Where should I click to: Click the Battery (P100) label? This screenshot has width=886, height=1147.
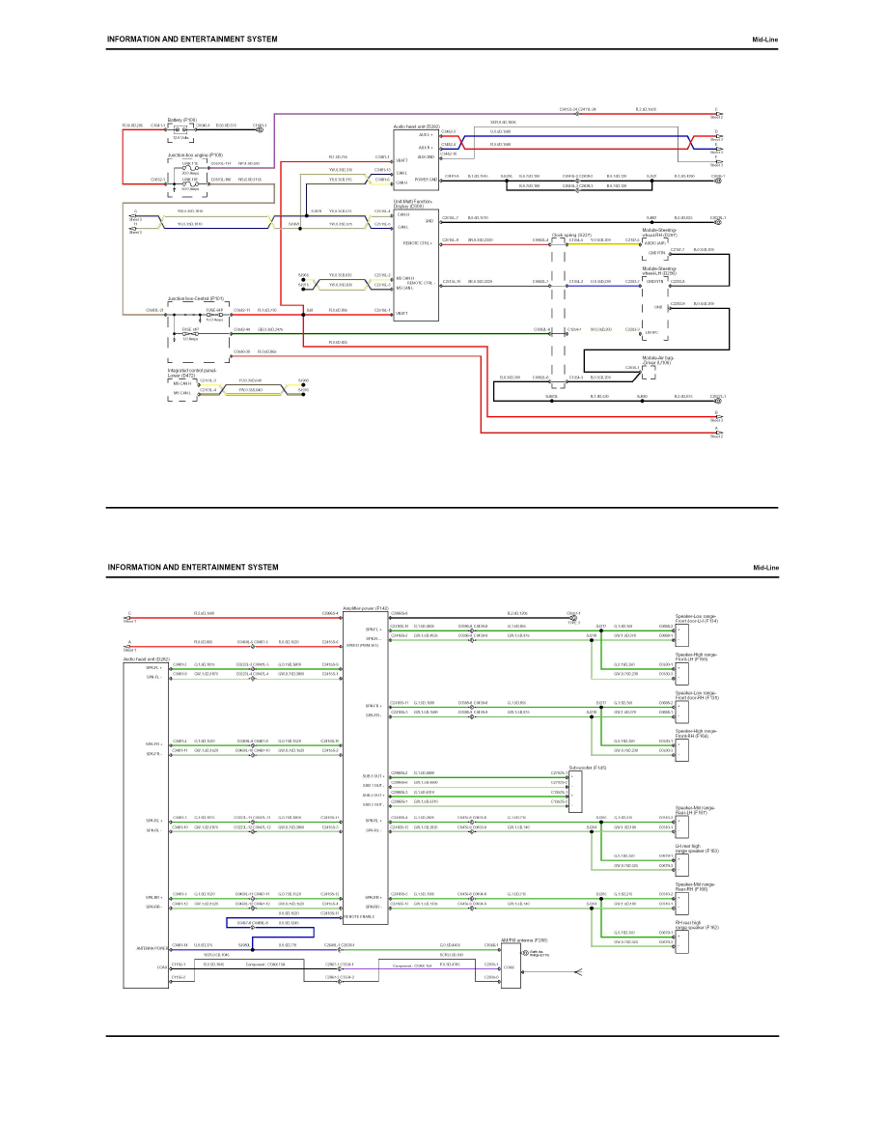coord(182,121)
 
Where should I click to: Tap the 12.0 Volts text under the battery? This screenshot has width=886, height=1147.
coord(180,137)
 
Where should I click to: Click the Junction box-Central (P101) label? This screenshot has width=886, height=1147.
coord(196,299)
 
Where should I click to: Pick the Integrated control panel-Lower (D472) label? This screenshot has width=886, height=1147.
coord(191,371)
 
